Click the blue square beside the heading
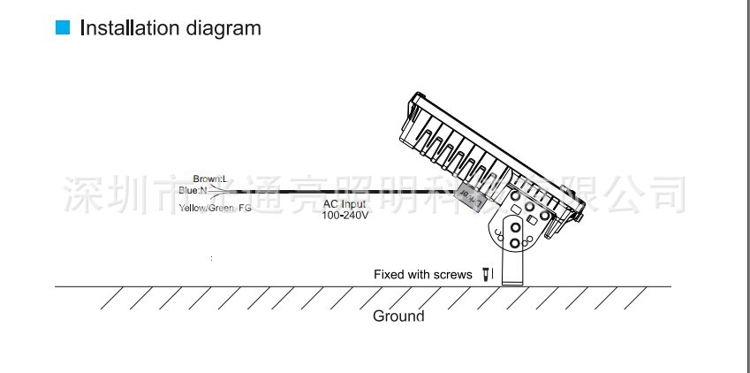62,28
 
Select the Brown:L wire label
210,179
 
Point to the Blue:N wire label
193,190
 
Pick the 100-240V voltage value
345,216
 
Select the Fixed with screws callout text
422,275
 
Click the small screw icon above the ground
484,275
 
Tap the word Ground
398,316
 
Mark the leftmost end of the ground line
56,286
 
